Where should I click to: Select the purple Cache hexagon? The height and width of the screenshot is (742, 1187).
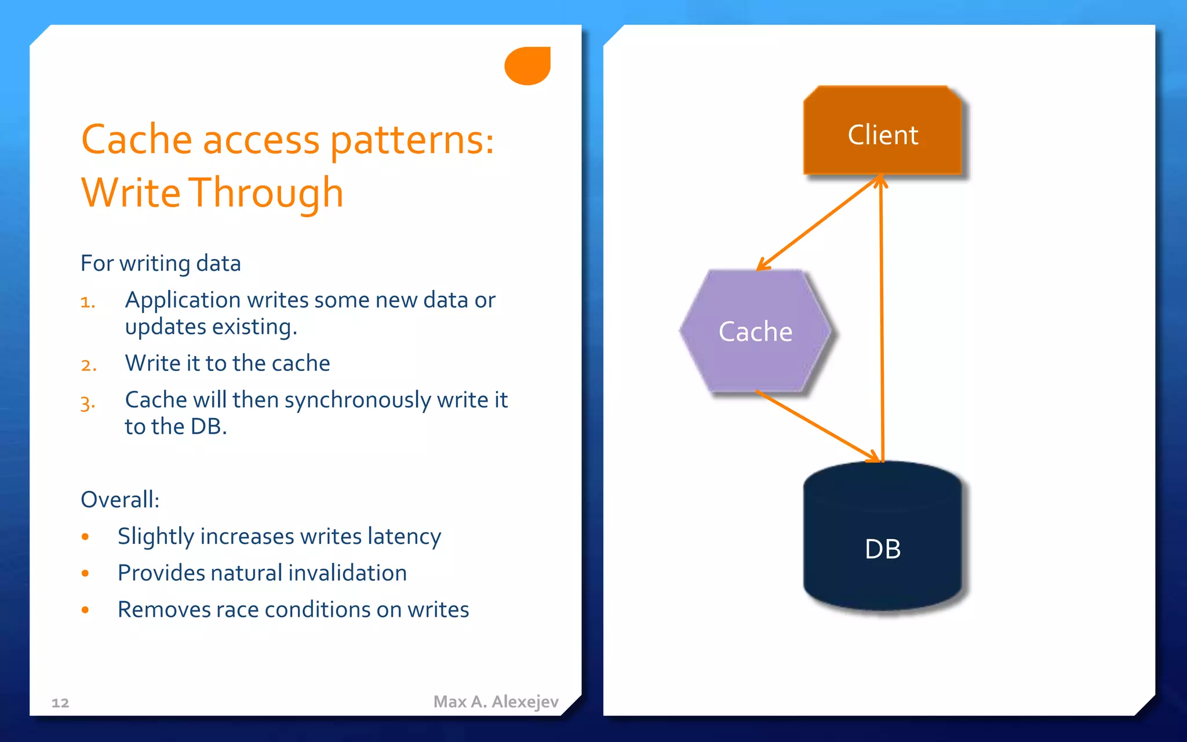click(x=755, y=332)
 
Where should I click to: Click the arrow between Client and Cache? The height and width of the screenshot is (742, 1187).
click(x=819, y=223)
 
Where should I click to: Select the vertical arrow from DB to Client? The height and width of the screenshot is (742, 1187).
click(x=882, y=319)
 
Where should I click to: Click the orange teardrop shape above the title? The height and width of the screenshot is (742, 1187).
click(x=528, y=66)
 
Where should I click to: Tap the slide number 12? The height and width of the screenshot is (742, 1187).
click(x=60, y=703)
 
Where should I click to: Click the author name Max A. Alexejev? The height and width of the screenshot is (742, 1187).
click(x=496, y=701)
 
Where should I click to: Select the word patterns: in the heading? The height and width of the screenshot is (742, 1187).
click(x=412, y=140)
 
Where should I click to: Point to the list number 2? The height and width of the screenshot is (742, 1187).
click(x=88, y=365)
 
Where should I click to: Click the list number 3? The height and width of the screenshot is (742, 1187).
click(x=88, y=403)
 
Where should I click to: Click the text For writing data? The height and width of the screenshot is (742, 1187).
click(x=161, y=263)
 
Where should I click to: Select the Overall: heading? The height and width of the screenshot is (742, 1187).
click(x=120, y=499)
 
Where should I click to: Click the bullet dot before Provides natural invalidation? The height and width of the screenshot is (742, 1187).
click(x=85, y=573)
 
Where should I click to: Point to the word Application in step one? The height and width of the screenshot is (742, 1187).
click(x=183, y=300)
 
